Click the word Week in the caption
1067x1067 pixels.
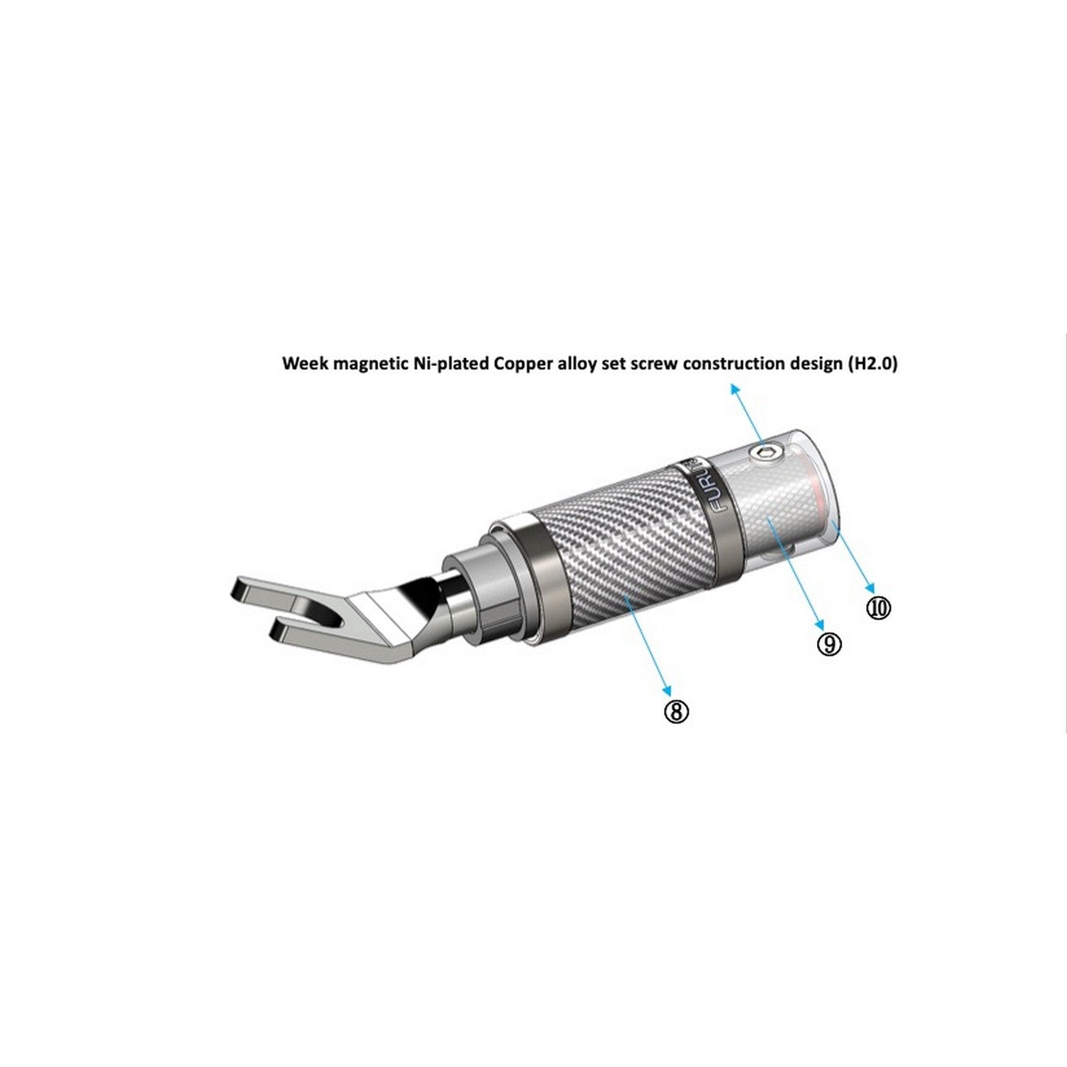point(303,364)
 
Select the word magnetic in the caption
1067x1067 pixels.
point(365,364)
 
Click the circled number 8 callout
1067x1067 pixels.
point(676,712)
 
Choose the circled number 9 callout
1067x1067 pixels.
point(830,644)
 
